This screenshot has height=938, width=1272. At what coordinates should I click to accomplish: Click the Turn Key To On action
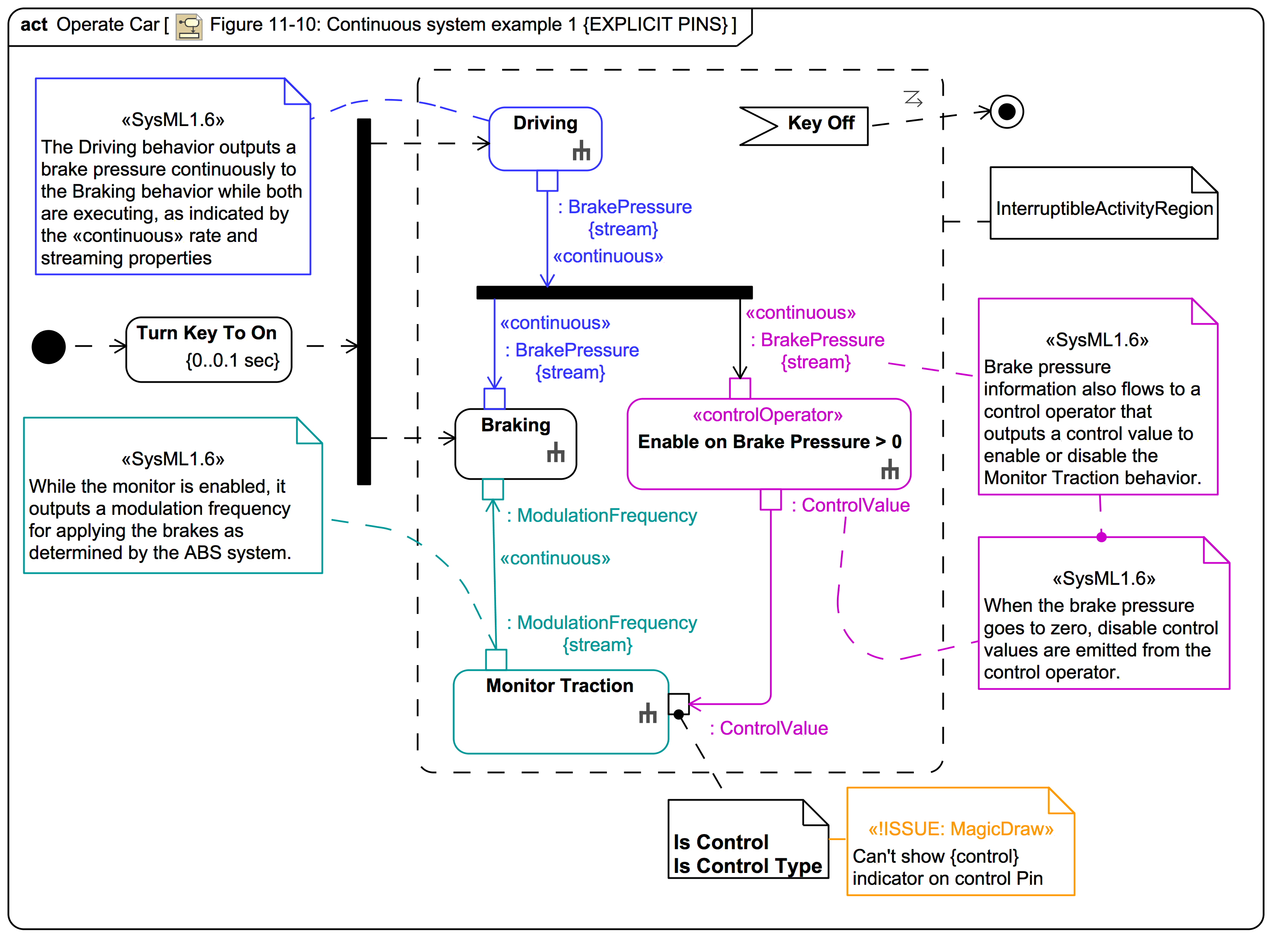tap(208, 349)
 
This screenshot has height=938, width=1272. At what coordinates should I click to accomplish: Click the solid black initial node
tap(48, 346)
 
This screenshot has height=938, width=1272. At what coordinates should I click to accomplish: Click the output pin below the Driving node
tap(547, 180)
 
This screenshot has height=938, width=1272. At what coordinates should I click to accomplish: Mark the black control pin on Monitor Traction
tap(678, 704)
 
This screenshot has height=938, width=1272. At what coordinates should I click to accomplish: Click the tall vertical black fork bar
tap(363, 301)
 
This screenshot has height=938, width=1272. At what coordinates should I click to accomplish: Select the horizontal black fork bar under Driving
tap(614, 293)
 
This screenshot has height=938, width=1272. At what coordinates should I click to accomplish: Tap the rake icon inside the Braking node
tap(555, 453)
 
